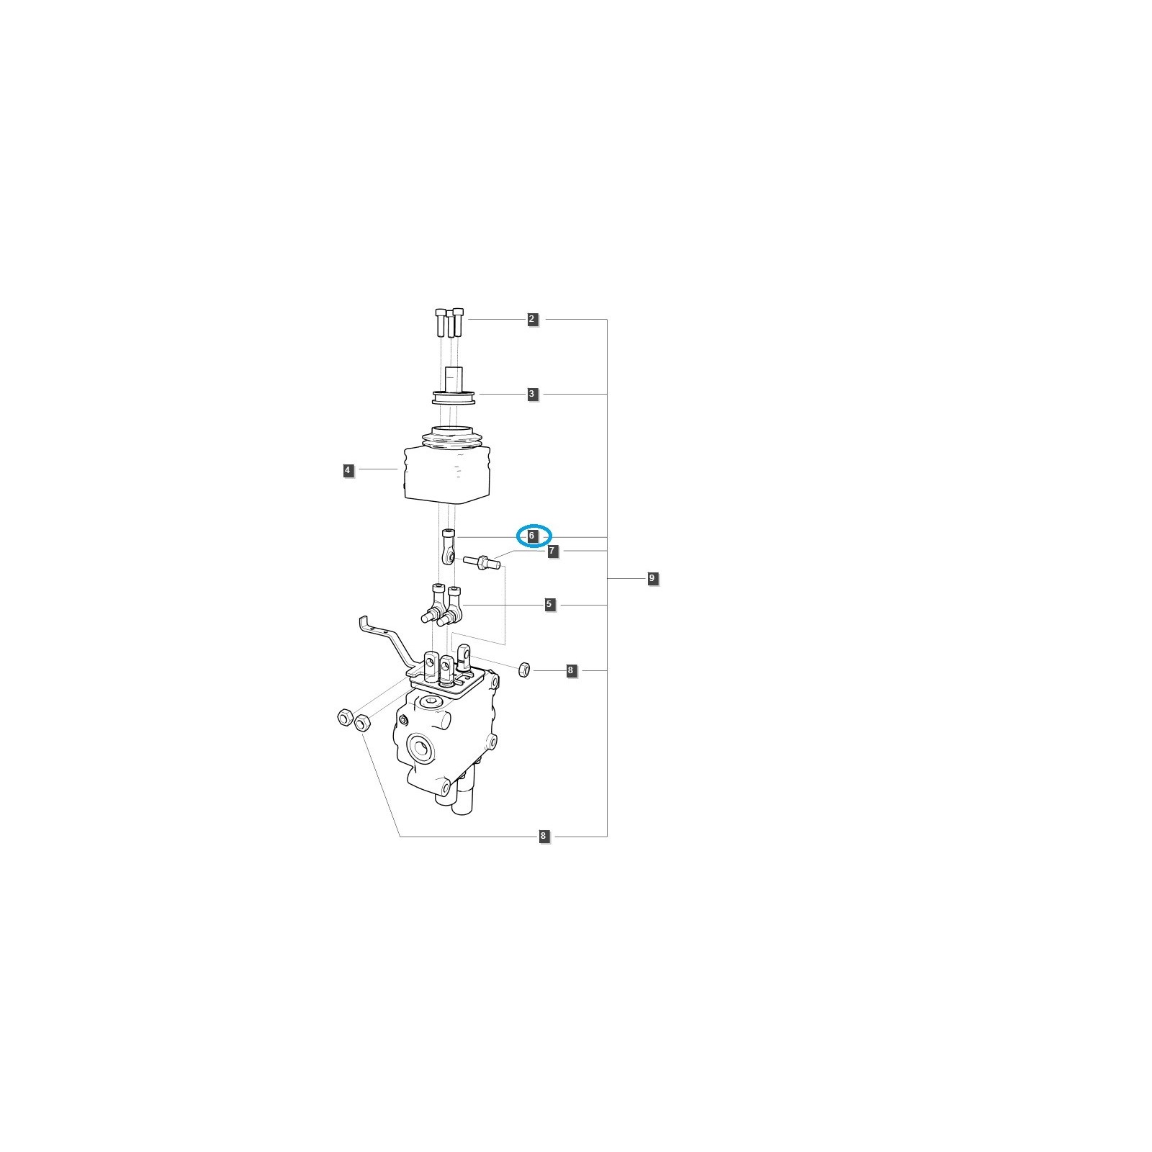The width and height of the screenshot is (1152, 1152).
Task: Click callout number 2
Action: [532, 319]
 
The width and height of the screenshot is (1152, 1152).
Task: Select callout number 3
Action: [532, 394]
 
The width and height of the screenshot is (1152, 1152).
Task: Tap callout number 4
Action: [348, 470]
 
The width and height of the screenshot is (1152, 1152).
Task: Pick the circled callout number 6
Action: [532, 536]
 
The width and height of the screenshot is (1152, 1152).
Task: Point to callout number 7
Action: [552, 551]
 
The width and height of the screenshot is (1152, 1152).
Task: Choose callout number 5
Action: [549, 604]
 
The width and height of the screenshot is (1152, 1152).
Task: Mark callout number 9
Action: [652, 578]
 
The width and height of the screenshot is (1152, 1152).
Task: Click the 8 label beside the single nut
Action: [571, 670]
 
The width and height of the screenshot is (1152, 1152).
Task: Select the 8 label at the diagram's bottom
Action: [544, 836]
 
